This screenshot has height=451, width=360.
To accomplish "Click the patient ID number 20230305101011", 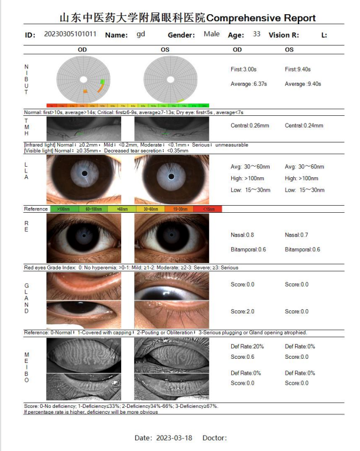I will (70, 34).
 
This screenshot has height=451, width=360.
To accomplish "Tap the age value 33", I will (256, 34).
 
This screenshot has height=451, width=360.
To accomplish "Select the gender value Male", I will (211, 34).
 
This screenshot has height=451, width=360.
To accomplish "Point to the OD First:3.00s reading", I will (243, 69).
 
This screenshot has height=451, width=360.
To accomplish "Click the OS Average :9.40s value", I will (303, 84).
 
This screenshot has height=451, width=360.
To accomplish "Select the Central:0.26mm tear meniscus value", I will (249, 125).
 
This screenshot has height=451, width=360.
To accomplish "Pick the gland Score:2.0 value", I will (242, 312).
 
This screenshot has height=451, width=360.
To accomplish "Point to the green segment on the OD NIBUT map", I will (102, 82).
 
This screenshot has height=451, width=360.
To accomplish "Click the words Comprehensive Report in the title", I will (261, 18).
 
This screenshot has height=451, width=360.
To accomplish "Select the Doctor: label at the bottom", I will (214, 438).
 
